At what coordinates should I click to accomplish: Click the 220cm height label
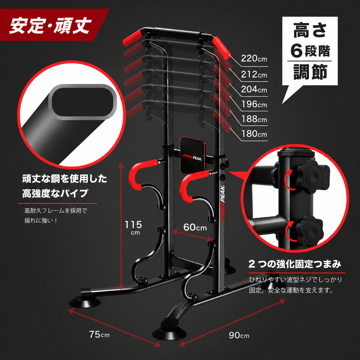254,59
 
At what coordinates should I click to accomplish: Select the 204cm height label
254,89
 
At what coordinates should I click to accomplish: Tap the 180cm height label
254,134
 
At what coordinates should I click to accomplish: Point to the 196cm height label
254,104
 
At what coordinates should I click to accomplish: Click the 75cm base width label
99,334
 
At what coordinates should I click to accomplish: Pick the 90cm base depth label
239,335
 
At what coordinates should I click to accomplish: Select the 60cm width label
195,227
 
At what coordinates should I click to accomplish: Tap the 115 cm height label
133,227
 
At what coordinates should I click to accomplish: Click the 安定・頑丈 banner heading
51,26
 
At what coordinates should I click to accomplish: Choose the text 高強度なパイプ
55,193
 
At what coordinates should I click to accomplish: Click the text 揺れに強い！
41,221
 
